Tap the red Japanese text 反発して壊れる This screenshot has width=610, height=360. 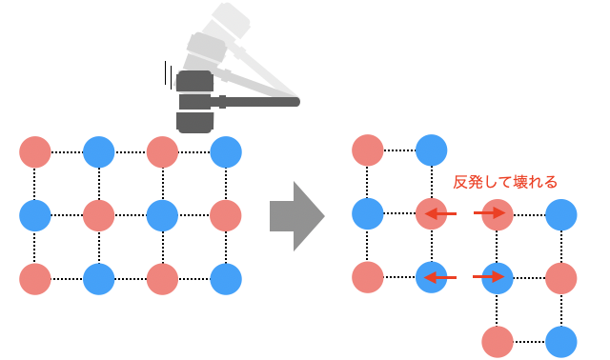pyautogui.click(x=504, y=181)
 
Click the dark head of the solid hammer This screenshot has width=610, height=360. pyautogui.click(x=194, y=100)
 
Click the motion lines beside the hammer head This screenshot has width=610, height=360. pyautogui.click(x=169, y=74)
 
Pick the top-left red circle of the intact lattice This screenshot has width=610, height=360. pyautogui.click(x=34, y=151)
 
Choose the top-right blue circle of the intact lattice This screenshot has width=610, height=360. pyautogui.click(x=226, y=151)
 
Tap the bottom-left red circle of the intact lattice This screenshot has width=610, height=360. pyautogui.click(x=34, y=278)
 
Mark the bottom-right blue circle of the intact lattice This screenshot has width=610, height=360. pyautogui.click(x=226, y=278)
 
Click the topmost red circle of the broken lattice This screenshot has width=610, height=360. pyautogui.click(x=368, y=150)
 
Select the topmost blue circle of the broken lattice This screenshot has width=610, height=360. pyautogui.click(x=431, y=150)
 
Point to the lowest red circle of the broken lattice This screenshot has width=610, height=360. pyautogui.click(x=498, y=341)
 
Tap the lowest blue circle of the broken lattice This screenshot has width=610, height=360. pyautogui.click(x=561, y=341)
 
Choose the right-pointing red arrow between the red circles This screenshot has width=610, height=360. pyautogui.click(x=489, y=215)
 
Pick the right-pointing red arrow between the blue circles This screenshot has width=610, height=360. pyautogui.click(x=489, y=278)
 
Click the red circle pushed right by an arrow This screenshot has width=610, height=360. pyautogui.click(x=498, y=215)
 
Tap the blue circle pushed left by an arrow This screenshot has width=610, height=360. pyautogui.click(x=431, y=278)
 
